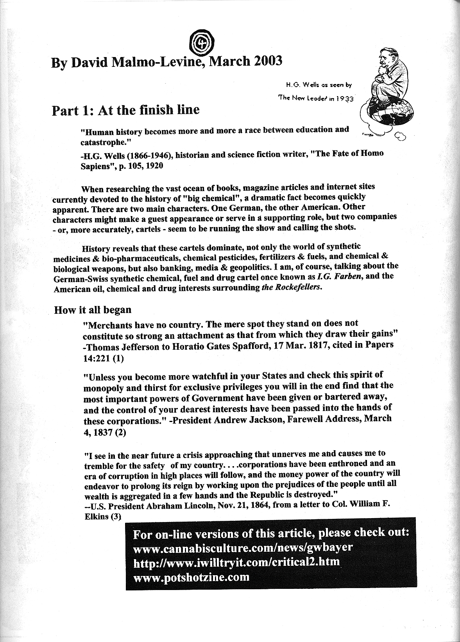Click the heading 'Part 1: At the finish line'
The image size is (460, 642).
point(126,110)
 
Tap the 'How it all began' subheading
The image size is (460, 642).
point(93,310)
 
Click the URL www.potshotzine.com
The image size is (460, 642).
point(192,577)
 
